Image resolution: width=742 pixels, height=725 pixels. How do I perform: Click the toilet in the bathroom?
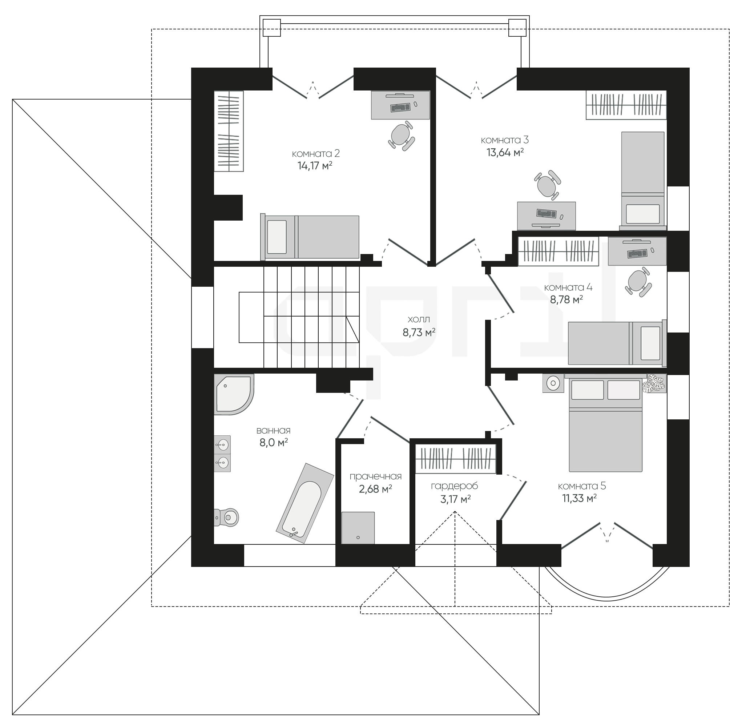226,517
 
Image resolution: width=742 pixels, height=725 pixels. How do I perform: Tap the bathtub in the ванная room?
305,503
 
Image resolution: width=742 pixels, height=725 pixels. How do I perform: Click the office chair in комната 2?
401,136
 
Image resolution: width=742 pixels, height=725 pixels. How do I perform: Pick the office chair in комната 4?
637,282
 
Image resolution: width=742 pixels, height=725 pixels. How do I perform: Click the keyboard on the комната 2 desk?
400,107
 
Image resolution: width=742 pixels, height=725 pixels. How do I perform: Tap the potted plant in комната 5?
654,383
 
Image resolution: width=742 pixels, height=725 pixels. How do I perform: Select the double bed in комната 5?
605,422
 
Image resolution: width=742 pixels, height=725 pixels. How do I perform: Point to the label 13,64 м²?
505,153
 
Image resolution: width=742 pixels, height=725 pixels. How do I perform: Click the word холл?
419,319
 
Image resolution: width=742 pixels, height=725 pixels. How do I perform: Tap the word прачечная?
375,476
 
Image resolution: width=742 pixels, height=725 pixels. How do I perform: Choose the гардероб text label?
454,486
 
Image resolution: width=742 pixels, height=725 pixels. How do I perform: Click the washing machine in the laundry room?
358,527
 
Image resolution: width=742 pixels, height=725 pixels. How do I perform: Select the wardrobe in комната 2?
229,131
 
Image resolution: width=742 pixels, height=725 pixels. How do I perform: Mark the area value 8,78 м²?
566,300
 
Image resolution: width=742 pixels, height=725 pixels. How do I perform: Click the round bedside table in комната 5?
553,383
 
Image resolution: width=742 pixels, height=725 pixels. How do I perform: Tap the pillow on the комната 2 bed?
277,237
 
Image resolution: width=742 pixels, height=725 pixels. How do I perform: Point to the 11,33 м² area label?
579,499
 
